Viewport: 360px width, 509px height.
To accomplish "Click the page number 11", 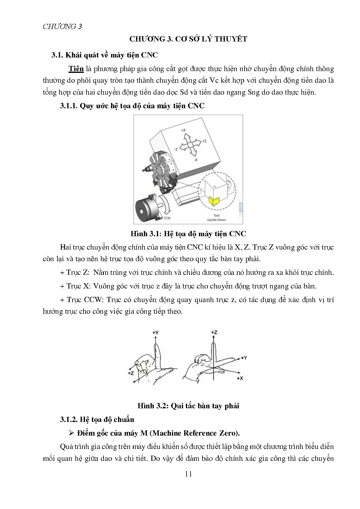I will coord(188,474).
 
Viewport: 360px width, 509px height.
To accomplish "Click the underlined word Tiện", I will coord(76,69).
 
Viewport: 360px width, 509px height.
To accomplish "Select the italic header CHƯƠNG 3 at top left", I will coord(62,27).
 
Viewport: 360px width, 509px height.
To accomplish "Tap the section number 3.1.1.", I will coord(69,106).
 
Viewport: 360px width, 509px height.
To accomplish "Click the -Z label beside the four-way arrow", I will coord(176,149).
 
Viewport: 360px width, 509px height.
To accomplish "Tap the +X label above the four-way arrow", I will coord(183,131).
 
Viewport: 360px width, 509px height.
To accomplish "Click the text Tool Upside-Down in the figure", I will coord(216,218).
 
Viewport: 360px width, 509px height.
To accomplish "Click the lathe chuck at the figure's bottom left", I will coord(146,209).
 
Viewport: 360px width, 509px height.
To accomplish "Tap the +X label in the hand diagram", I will coord(240,379).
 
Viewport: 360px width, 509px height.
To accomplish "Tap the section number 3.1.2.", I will coord(69,420).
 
